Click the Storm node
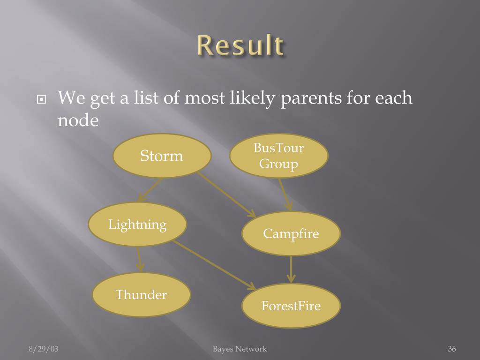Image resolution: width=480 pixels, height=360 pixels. click(x=162, y=156)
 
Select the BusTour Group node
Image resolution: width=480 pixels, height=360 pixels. click(x=279, y=156)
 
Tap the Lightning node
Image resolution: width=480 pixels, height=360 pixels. click(x=137, y=224)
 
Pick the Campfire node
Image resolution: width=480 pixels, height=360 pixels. click(x=291, y=233)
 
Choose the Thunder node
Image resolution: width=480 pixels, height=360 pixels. click(x=141, y=294)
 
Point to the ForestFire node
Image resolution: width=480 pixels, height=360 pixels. click(x=291, y=306)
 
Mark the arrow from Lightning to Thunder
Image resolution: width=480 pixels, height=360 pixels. click(x=139, y=259)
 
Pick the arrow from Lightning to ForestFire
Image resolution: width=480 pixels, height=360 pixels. click(x=213, y=265)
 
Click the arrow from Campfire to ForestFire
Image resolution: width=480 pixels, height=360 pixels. click(x=291, y=269)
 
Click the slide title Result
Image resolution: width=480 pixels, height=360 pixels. click(x=240, y=45)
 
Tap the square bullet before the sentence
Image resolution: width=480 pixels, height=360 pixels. click(x=43, y=99)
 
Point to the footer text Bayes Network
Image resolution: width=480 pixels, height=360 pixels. click(x=240, y=349)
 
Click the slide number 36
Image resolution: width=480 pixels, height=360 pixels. click(x=452, y=349)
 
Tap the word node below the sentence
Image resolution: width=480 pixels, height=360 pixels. click(x=78, y=120)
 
